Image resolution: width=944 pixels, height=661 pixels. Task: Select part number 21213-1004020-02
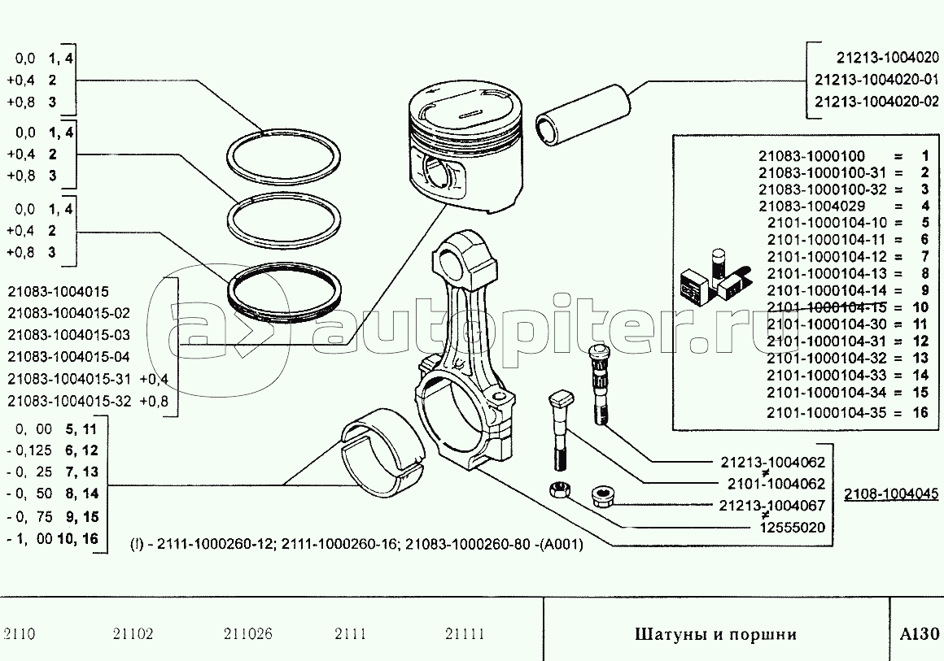(876, 101)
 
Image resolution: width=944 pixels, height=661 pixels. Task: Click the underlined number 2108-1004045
(890, 494)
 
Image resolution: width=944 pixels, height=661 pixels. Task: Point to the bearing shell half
(383, 452)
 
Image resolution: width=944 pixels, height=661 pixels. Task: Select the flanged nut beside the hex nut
(603, 496)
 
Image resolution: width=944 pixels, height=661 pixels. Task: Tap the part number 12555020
(793, 528)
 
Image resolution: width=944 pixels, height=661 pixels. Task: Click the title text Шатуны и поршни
(716, 634)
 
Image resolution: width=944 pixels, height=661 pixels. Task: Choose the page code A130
(920, 634)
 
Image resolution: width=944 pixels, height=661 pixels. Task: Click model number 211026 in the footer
(248, 634)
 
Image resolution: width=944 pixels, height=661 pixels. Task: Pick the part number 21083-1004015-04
(68, 357)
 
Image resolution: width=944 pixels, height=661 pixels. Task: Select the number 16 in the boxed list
(920, 412)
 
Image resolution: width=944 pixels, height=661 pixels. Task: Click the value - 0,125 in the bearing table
(29, 450)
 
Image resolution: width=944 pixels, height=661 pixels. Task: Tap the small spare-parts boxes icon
(715, 276)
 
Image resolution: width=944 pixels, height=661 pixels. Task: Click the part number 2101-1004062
(776, 484)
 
